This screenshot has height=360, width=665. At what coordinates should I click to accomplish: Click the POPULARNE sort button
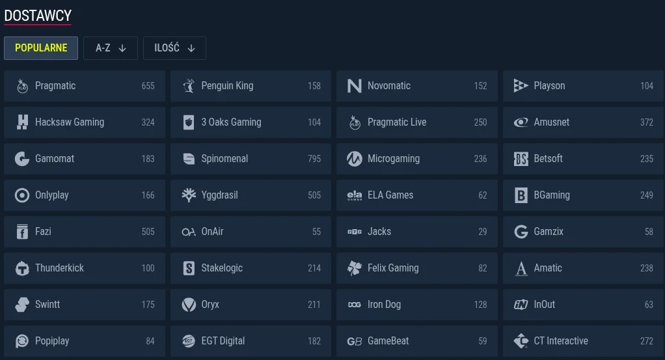click(41, 48)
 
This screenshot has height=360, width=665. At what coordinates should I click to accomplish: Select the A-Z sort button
click(110, 48)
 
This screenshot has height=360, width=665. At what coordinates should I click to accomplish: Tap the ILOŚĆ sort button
click(174, 48)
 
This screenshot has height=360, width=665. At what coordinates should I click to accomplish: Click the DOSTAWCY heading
click(38, 16)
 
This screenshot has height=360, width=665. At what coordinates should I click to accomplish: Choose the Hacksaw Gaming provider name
click(70, 122)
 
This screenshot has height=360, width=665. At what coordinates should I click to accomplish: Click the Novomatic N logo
click(354, 86)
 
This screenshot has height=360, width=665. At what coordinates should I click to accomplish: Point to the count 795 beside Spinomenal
click(314, 159)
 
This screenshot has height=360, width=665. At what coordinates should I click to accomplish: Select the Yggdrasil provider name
click(219, 195)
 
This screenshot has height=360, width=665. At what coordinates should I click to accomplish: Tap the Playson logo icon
click(521, 86)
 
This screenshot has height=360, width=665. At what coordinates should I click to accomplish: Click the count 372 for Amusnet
click(647, 122)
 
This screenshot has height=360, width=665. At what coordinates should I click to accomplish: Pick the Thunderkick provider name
click(59, 268)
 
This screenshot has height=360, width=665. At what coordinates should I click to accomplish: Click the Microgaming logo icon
click(354, 159)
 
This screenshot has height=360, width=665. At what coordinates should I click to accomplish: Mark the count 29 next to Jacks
click(483, 232)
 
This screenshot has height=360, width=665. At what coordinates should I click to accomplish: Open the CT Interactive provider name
click(561, 341)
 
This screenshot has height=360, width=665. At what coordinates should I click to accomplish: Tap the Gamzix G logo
click(521, 232)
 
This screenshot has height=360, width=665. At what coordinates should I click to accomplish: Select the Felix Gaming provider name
click(393, 268)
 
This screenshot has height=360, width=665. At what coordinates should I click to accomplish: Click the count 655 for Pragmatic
click(148, 86)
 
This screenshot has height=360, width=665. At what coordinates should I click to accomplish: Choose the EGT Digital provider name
click(223, 341)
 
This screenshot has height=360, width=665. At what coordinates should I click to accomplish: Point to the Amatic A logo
click(521, 268)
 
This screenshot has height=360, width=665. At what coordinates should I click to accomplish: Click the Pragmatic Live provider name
click(397, 122)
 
